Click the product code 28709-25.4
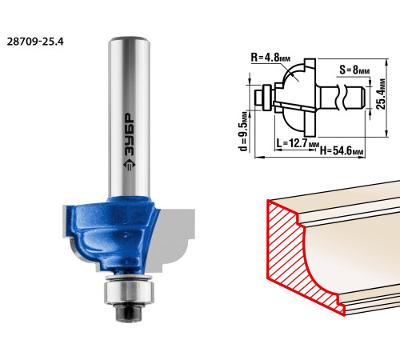click(x=35, y=42)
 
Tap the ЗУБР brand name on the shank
click(x=130, y=134)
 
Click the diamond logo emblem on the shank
click(x=130, y=166)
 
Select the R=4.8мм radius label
click(x=270, y=58)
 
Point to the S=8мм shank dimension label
click(x=354, y=70)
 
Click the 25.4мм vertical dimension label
click(x=382, y=94)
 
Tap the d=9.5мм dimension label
click(x=244, y=131)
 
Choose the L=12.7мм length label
click(x=298, y=144)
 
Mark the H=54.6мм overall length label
click(x=342, y=151)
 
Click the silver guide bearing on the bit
click(x=129, y=291)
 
